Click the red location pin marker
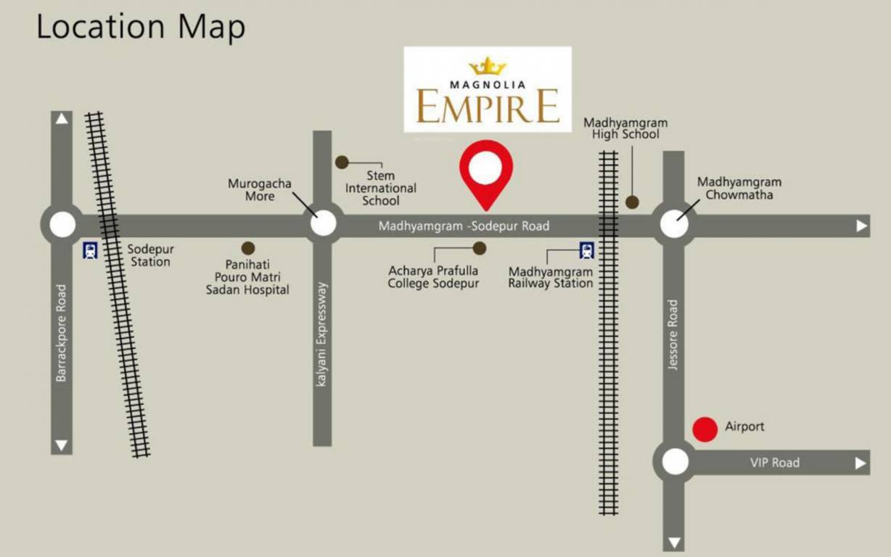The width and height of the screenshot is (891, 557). (x=485, y=171)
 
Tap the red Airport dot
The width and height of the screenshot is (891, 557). (x=705, y=429)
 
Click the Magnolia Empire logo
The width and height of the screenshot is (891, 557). (x=488, y=89)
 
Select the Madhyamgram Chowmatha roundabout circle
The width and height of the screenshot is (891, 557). (x=674, y=225)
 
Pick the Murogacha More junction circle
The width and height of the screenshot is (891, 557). (x=323, y=223)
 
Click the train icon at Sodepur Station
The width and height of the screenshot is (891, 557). (x=91, y=251)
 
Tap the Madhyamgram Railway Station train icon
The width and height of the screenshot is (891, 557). (x=586, y=251)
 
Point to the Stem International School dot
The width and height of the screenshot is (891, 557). (x=341, y=162)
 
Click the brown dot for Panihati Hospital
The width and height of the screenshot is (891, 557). (x=248, y=248)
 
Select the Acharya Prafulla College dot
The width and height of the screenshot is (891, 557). (x=479, y=248)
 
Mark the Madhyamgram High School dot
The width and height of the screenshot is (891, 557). (x=632, y=202)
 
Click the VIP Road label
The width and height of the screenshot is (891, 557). (x=774, y=463)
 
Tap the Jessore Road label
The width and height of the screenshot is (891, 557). (x=673, y=335)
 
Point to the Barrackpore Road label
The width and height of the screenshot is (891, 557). (x=61, y=333)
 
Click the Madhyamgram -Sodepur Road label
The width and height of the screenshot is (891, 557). (x=464, y=226)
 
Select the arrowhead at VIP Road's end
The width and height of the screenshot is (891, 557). (x=861, y=463)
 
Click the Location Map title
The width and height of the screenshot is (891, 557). (x=141, y=28)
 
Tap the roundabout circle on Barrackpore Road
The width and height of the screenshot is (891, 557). (x=62, y=225)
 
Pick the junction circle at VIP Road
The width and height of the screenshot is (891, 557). (x=675, y=462)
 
